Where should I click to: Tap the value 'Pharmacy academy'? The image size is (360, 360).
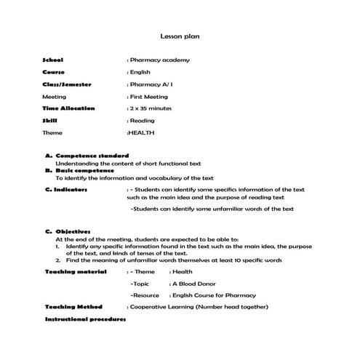tap(156, 60)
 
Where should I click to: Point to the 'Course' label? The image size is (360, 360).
tap(55, 72)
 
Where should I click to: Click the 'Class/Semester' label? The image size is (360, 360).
tap(66, 84)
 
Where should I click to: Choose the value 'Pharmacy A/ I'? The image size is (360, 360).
tap(151, 84)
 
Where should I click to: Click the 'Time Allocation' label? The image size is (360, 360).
tap(68, 108)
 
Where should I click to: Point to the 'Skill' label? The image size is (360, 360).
tap(50, 121)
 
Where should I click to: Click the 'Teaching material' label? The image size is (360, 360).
tap(76, 271)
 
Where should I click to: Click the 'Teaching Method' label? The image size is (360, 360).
tap(73, 307)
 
